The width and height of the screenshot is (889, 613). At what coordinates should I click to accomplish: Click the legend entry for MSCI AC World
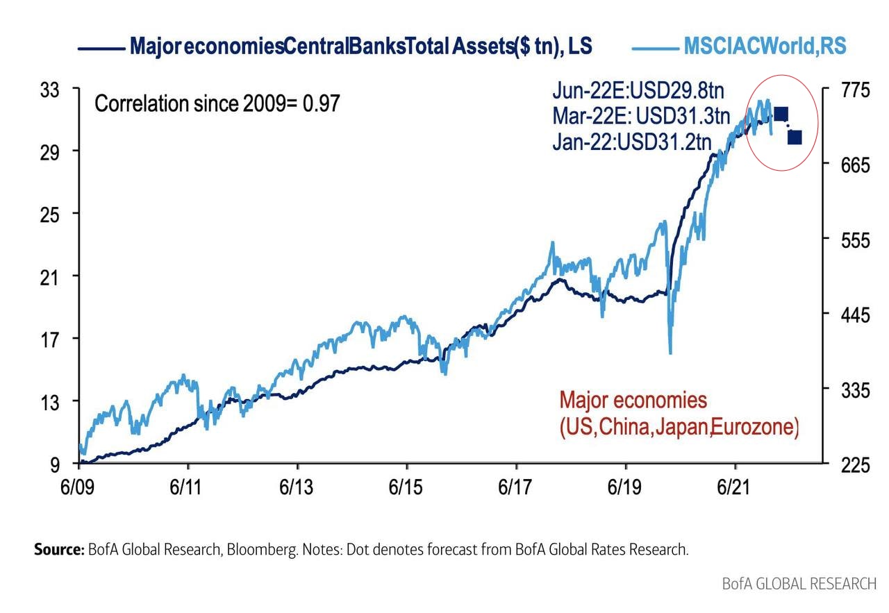click(764, 47)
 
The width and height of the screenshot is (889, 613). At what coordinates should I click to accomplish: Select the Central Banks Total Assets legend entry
click(360, 47)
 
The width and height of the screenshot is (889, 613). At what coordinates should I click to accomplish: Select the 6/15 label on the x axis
click(407, 487)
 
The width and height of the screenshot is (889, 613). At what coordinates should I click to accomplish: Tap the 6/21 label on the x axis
click(735, 487)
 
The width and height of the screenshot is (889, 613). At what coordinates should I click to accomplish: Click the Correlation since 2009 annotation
click(217, 104)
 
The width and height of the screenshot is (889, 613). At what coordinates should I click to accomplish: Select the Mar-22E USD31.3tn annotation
click(642, 115)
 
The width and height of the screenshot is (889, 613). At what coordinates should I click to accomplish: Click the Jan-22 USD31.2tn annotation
click(632, 141)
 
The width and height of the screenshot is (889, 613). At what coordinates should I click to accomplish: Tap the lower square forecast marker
click(795, 137)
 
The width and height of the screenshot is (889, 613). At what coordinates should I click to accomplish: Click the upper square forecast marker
click(780, 114)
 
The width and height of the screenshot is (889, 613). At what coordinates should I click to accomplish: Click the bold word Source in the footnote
click(58, 550)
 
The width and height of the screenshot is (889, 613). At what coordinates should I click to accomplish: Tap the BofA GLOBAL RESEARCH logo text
click(799, 583)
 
